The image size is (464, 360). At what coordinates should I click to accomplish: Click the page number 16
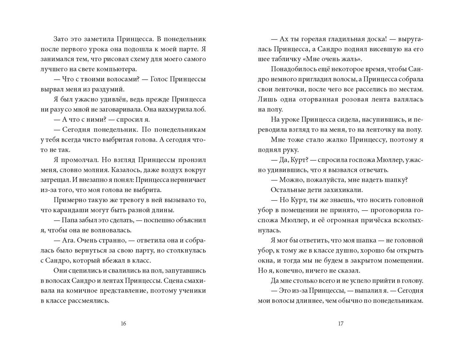tap(123, 324)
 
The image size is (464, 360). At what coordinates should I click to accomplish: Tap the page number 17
tap(340, 324)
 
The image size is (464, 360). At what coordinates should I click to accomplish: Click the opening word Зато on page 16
tap(61, 39)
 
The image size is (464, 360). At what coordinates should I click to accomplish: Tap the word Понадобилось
tap(292, 69)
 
